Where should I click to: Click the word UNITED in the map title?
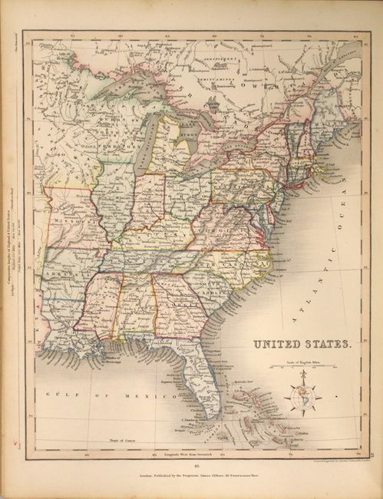280,345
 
